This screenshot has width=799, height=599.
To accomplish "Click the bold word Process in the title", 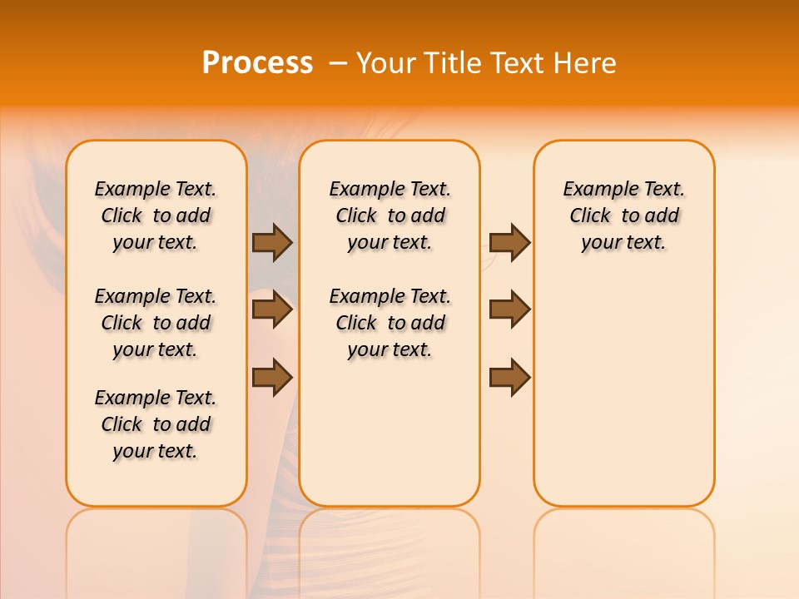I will (257, 63).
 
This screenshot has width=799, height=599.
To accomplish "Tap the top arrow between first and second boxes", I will (272, 242).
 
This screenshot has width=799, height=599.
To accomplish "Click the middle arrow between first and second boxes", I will (272, 309).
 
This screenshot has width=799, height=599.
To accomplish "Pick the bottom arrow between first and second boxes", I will (272, 377).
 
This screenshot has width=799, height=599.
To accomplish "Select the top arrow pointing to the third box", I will (509, 242).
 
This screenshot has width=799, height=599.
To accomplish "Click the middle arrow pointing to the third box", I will (509, 309).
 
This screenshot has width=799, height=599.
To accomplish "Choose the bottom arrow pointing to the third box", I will (509, 377).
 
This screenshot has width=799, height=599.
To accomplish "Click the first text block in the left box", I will (156, 215).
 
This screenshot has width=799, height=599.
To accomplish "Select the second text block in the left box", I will (156, 323).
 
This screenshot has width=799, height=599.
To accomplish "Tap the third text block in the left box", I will (156, 424).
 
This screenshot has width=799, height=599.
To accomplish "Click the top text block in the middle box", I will (390, 215).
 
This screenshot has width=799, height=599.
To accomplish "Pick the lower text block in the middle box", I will (390, 323).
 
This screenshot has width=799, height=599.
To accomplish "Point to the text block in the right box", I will (624, 215).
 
